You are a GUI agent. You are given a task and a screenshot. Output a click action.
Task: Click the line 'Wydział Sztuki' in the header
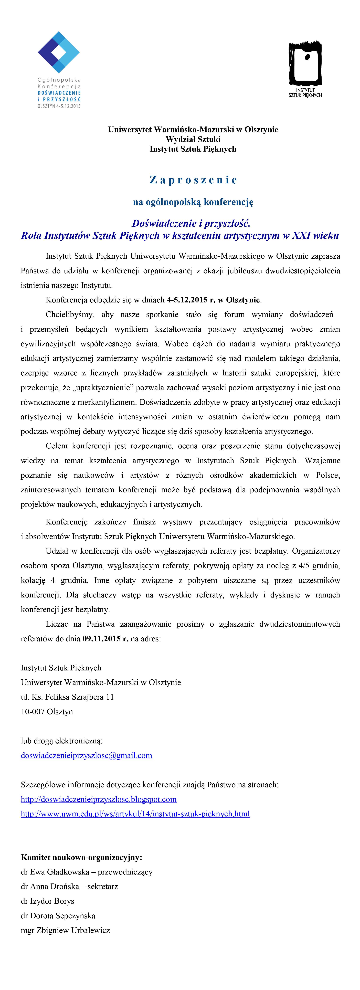(x=193, y=139)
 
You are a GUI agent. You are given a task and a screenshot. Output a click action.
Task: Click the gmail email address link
(x=87, y=756)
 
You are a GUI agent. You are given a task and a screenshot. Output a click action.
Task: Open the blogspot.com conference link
(x=99, y=799)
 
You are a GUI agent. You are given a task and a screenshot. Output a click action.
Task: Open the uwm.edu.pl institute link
(x=135, y=814)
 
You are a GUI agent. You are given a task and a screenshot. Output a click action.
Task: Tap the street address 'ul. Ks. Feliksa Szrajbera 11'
(x=67, y=697)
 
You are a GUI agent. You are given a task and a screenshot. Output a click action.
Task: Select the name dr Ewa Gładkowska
(x=55, y=872)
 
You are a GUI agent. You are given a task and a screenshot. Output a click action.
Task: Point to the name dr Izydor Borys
(x=47, y=901)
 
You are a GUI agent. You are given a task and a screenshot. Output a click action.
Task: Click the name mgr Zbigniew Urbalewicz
(x=65, y=930)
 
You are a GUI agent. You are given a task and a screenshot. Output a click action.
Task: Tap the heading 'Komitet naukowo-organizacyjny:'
(x=81, y=857)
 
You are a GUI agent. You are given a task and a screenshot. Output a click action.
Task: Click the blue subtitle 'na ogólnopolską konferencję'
(x=193, y=202)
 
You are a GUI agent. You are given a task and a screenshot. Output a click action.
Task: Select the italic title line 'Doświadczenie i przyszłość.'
(x=191, y=223)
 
